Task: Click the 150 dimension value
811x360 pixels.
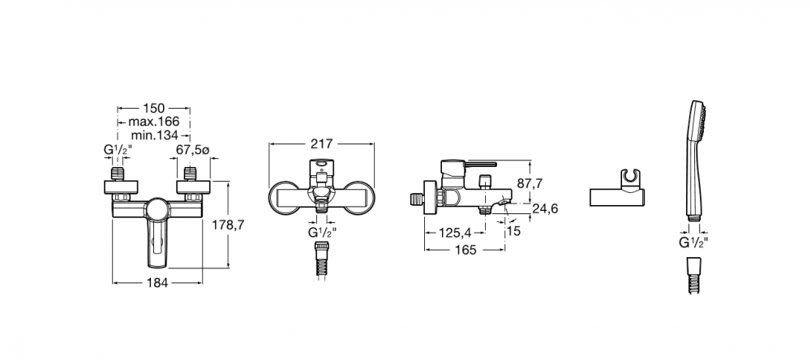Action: [x=153, y=108]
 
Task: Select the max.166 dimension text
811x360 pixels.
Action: [x=153, y=122]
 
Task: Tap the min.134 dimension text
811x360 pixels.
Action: [x=154, y=135]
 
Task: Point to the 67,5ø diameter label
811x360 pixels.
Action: [x=192, y=150]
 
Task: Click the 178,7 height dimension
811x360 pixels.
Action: [x=228, y=225]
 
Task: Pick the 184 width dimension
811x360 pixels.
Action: [x=157, y=283]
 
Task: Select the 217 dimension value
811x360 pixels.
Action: [x=322, y=144]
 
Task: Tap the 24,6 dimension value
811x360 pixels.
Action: [x=545, y=208]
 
